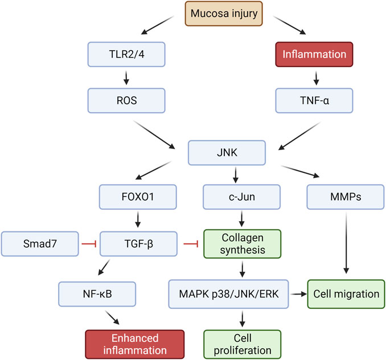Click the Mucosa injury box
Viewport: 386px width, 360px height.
[224, 14]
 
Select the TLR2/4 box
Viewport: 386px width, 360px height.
[126, 55]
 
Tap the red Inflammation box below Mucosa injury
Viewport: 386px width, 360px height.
[314, 55]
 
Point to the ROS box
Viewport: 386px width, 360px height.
[126, 101]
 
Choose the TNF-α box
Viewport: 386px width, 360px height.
[314, 101]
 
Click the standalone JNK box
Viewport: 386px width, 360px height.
[227, 153]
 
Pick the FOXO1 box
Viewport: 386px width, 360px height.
[138, 197]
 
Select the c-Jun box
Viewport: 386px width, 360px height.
[241, 197]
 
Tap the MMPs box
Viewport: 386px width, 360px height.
[346, 197]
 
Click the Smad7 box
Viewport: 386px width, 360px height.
[40, 243]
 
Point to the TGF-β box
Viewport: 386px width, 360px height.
[138, 243]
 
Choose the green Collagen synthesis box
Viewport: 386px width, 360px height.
[242, 243]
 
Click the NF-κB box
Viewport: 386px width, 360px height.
[97, 294]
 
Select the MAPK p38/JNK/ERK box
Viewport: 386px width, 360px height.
[228, 294]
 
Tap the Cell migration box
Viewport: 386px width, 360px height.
[346, 294]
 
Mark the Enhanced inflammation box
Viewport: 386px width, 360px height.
[135, 344]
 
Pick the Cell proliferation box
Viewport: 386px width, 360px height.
[242, 344]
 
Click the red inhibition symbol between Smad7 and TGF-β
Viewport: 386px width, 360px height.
[89, 244]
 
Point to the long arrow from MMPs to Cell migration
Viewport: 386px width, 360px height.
[346, 243]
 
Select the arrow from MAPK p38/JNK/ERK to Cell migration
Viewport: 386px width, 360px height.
[298, 294]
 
